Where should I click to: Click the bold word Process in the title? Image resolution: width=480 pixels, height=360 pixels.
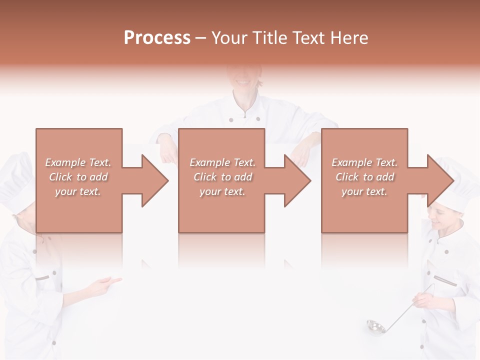(x=157, y=38)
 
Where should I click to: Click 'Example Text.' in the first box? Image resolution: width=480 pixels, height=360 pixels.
(x=78, y=162)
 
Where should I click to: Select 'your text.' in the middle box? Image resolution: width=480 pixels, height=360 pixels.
(x=222, y=191)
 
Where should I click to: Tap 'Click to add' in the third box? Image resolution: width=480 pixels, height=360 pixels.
(x=364, y=177)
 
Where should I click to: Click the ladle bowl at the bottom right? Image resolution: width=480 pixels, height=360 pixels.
(x=375, y=326)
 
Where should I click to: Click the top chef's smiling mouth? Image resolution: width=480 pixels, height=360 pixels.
(x=242, y=81)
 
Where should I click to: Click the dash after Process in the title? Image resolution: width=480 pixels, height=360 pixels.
(x=201, y=38)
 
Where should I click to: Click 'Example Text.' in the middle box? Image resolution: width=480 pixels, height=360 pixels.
(x=222, y=162)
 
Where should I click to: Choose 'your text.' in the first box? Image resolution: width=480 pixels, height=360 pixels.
(x=78, y=191)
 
